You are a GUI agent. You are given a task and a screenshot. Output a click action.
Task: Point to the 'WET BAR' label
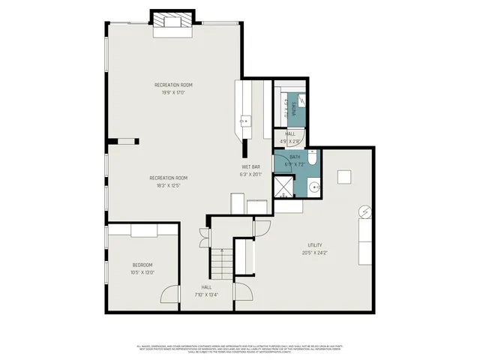point(250,166)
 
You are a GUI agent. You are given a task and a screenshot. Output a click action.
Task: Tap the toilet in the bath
point(314,158)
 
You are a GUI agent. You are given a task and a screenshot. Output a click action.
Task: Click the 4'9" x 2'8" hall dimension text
point(289,140)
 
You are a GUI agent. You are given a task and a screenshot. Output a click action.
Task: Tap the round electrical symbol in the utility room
point(364,212)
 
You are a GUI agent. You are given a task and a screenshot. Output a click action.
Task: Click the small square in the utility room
point(344,176)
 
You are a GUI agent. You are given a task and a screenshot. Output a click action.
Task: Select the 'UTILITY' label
point(314,245)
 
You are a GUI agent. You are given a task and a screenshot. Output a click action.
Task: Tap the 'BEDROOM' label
point(142,265)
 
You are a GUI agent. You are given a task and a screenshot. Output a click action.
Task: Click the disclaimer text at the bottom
point(239,349)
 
